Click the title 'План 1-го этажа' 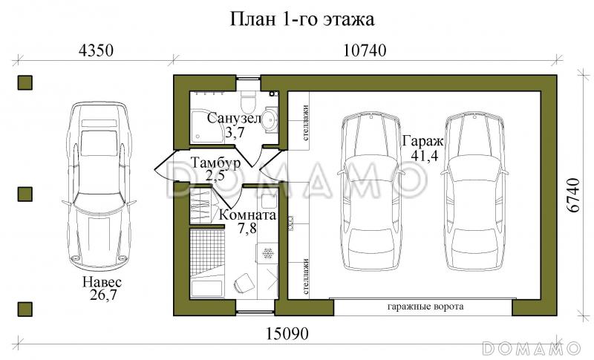[x=296, y=18]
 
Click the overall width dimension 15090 [x=285, y=332]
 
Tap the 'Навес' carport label [x=102, y=282]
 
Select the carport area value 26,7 [x=102, y=295]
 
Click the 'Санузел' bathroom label [x=233, y=119]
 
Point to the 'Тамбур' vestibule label [x=215, y=163]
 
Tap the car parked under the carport [x=99, y=187]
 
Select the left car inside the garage [x=370, y=194]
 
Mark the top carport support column [x=25, y=82]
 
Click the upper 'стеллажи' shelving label [x=306, y=119]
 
